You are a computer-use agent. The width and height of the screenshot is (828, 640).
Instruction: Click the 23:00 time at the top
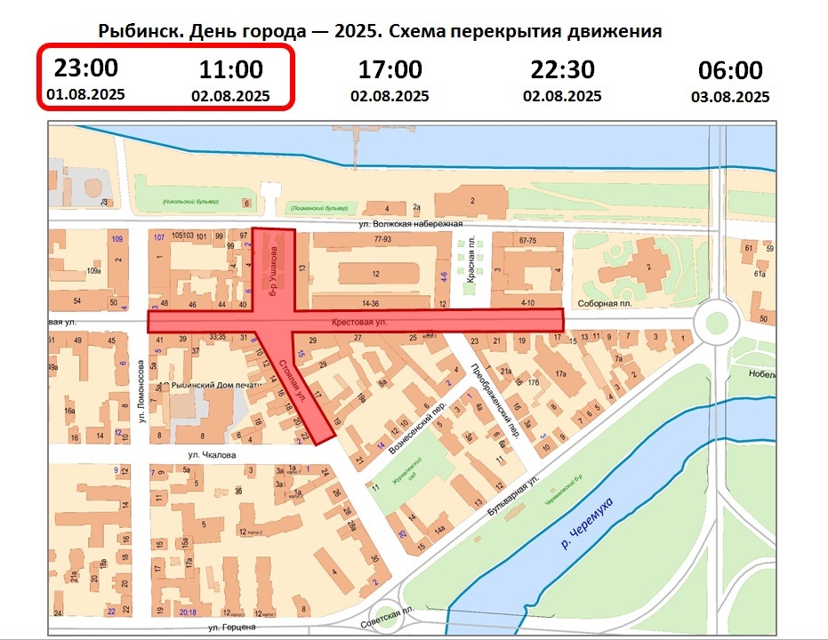(85, 68)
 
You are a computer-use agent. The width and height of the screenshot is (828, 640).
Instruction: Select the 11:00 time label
(229, 69)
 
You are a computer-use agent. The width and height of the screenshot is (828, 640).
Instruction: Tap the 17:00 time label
(390, 69)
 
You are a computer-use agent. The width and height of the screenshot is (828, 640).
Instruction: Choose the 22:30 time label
(562, 69)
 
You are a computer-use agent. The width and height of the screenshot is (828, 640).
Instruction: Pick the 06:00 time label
(729, 71)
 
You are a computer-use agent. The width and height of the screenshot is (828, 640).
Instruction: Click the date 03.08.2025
(730, 97)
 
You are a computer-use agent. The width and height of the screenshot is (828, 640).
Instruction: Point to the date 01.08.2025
(86, 93)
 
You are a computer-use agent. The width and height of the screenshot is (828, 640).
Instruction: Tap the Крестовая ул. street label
(360, 323)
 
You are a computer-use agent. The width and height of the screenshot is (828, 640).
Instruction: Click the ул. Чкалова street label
(210, 455)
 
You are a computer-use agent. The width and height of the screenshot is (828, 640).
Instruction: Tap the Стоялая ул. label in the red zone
(292, 380)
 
